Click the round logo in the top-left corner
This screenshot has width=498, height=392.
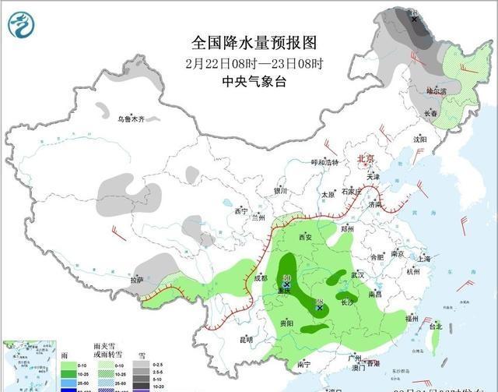(21, 26)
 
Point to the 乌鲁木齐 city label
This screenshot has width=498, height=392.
(132, 119)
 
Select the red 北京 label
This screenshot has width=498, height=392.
(365, 159)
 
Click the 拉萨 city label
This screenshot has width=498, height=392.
(137, 280)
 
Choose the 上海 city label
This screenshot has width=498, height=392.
(424, 258)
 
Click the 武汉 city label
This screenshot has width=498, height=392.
(358, 275)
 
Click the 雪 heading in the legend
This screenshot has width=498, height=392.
(141, 354)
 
